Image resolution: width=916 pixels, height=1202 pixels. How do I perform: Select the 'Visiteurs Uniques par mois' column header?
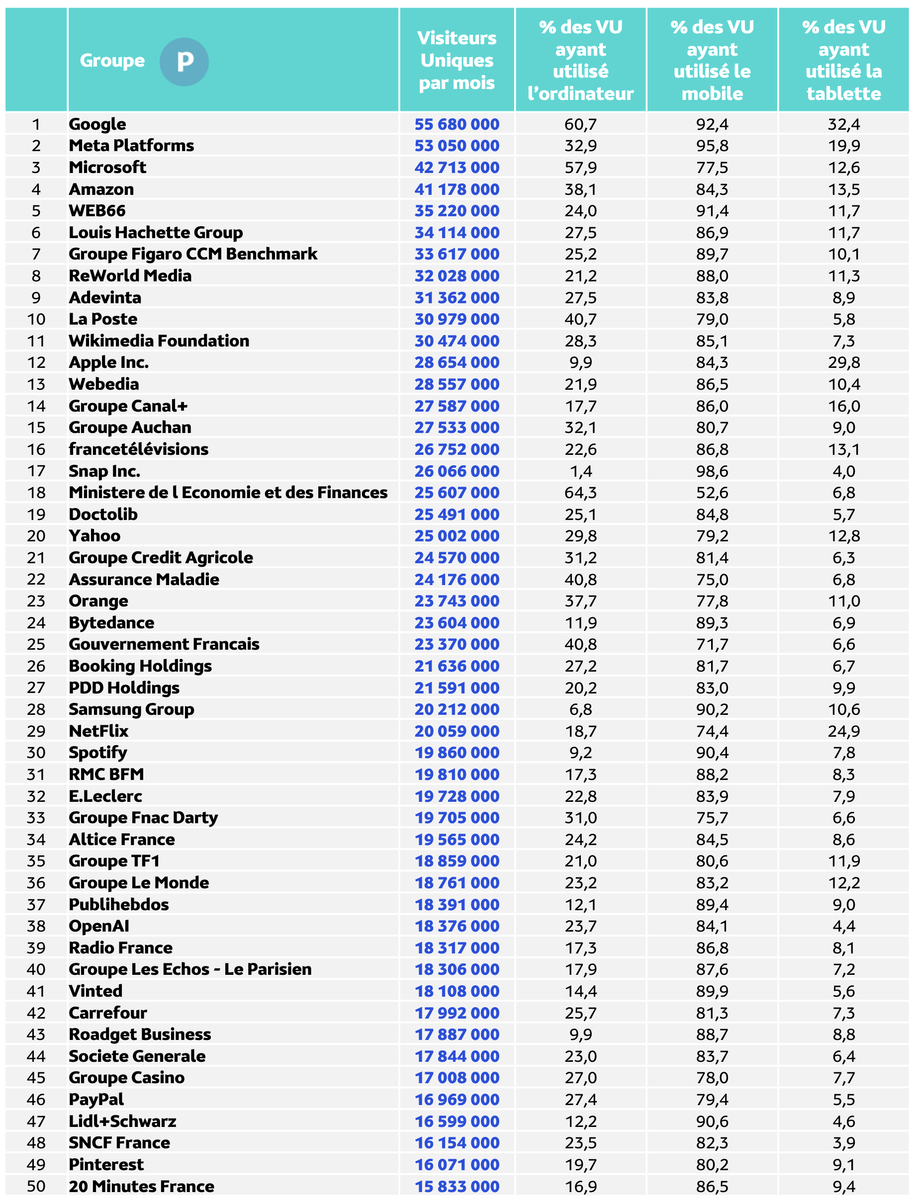point(457,60)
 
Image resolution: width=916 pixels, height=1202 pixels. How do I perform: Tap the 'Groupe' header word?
point(112,61)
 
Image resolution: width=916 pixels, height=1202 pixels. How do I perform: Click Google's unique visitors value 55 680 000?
point(457,124)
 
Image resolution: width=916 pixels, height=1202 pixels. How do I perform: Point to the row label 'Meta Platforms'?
point(131,146)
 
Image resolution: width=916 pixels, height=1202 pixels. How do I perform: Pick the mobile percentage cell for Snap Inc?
point(712,471)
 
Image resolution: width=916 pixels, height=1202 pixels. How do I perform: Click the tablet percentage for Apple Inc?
point(843,362)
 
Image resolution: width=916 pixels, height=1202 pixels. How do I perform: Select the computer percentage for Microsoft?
point(580,168)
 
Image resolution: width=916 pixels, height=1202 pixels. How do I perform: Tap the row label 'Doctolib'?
point(103,514)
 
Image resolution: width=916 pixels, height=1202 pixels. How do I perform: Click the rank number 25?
point(36,644)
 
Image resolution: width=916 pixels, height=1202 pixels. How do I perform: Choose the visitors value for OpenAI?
point(457,926)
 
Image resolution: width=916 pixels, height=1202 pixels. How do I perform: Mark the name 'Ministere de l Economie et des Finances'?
point(228,493)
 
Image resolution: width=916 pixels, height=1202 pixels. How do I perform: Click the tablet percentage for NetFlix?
point(843,731)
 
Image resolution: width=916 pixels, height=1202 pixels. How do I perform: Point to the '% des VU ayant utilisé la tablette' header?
point(843,60)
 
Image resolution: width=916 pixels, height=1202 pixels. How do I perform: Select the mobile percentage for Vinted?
point(712,991)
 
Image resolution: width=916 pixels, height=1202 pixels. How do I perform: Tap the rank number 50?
point(36,1186)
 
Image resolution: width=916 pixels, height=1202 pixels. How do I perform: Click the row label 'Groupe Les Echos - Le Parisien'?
point(190,969)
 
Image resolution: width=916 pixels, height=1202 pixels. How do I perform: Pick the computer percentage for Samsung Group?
point(580,709)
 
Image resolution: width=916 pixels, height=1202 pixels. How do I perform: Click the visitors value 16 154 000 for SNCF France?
point(457,1142)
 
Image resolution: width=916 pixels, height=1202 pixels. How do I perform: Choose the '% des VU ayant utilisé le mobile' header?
point(712,60)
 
